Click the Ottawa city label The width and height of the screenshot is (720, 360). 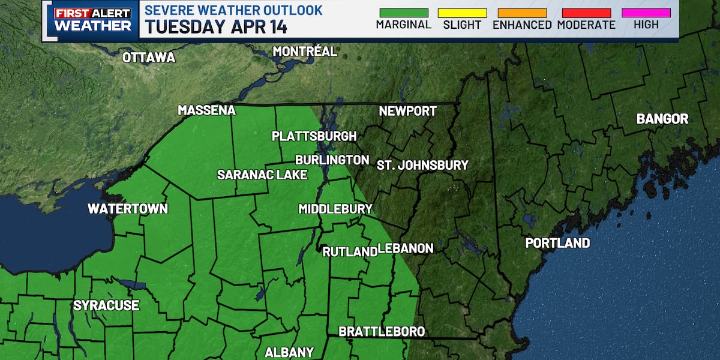[x=148, y=58]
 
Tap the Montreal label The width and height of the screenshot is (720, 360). [x=305, y=52]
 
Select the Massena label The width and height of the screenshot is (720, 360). [x=206, y=110]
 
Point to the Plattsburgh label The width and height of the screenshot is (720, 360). [x=314, y=136]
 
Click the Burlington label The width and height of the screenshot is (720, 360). [x=332, y=160]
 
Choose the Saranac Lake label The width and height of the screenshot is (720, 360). [x=262, y=175]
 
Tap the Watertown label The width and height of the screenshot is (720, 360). [x=128, y=209]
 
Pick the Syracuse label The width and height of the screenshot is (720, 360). [x=106, y=305]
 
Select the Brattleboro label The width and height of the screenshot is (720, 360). [x=382, y=331]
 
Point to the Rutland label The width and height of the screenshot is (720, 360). [x=349, y=252]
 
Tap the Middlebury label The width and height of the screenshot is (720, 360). [x=335, y=209]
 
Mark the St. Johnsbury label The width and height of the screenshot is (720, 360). [x=422, y=165]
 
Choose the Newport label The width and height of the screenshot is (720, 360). [x=407, y=111]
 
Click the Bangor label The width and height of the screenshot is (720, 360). [x=662, y=119]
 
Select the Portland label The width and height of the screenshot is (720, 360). [x=557, y=243]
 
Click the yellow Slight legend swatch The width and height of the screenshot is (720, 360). [x=462, y=13]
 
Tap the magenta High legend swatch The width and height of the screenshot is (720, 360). [x=646, y=13]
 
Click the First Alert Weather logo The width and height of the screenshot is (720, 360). [x=92, y=20]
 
